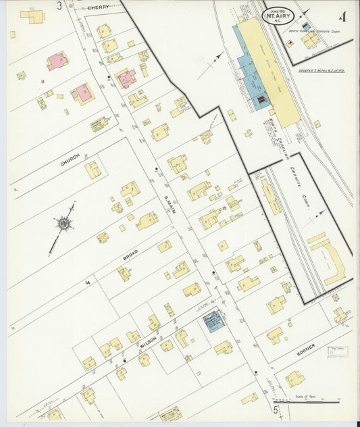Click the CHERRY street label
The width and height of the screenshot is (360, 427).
click(x=99, y=7)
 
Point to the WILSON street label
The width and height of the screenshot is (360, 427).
click(x=149, y=338)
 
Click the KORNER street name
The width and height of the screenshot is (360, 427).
click(x=305, y=351)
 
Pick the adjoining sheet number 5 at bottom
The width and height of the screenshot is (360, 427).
click(x=276, y=410)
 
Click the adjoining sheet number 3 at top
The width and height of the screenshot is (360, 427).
click(x=59, y=6)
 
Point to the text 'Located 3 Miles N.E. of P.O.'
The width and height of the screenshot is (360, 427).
click(x=323, y=70)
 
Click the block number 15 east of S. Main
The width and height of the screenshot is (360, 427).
click(x=224, y=209)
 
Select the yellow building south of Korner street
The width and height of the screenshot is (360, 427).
click(x=294, y=378)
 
